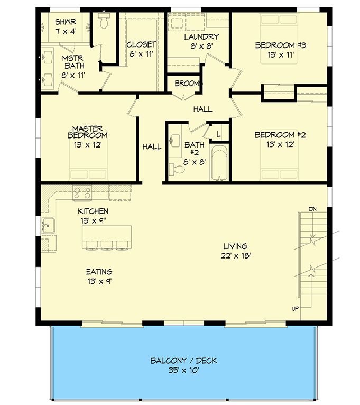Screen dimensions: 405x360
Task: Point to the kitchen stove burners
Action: pyautogui.click(x=82, y=192)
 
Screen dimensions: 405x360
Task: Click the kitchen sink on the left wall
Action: pyautogui.click(x=48, y=226)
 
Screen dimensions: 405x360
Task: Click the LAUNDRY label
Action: pyautogui.click(x=201, y=37)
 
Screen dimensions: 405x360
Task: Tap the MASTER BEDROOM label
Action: pyautogui.click(x=88, y=132)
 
